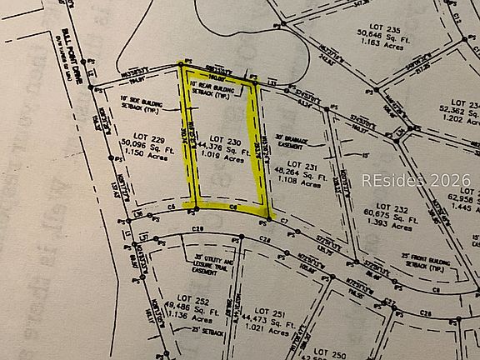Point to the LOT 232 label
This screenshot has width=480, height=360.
coord(392,206)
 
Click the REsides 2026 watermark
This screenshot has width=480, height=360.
coord(416,180)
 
